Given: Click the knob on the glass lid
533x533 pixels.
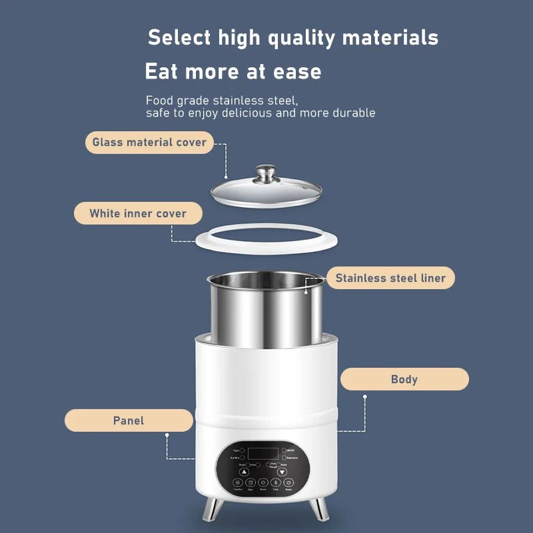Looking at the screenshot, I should pos(266,173).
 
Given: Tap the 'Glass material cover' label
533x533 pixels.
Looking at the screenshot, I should pos(149,142).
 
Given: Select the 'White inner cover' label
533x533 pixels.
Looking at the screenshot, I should pos(138,214).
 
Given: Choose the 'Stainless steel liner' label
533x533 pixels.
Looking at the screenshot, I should pos(390,278).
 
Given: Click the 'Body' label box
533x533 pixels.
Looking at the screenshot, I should pos(404,379).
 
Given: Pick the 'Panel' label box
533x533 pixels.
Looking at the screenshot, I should pos(129,420).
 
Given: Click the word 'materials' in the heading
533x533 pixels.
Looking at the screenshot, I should pos(391,37).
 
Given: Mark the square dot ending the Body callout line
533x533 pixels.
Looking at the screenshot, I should pos(364,396).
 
